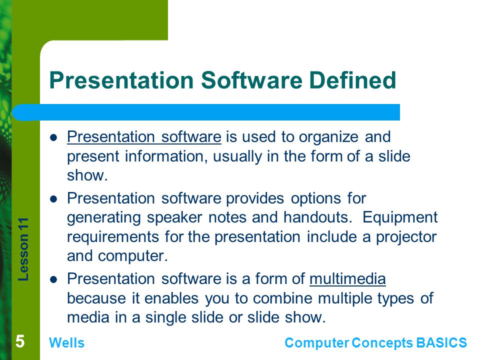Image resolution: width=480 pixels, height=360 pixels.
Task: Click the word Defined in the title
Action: [x=352, y=80]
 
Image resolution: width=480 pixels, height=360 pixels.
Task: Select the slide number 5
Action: [x=20, y=341]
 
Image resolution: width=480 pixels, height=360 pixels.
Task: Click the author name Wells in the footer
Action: [x=66, y=343]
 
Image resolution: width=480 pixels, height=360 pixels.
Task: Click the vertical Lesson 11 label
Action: [x=23, y=249]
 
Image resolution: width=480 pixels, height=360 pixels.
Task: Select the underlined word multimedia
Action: [x=347, y=279]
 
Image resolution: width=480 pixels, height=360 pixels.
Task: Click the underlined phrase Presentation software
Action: [x=144, y=137]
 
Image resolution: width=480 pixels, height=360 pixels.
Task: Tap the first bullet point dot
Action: [x=53, y=138]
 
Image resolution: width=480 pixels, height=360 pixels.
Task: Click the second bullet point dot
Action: [x=53, y=199]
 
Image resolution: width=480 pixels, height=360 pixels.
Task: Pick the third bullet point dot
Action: [x=53, y=280]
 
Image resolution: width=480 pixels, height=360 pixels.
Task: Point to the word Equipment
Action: [x=400, y=218]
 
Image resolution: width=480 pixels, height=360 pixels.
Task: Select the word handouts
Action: [x=316, y=217]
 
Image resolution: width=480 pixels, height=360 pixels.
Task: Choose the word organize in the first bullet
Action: [x=328, y=137]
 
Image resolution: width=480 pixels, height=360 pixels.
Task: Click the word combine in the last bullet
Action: [x=277, y=298]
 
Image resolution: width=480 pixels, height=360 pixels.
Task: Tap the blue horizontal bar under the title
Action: [x=206, y=112]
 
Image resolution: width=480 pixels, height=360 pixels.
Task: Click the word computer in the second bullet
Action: [x=133, y=256]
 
